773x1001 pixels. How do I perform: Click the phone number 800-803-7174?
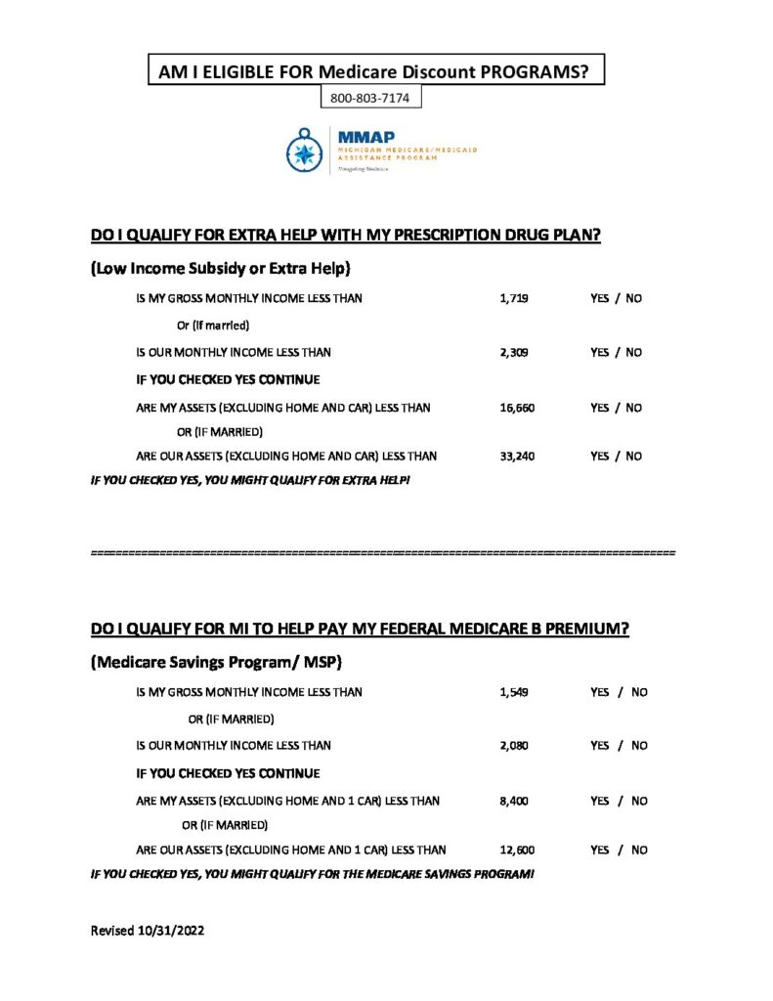(370, 98)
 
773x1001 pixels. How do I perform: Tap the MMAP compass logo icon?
(305, 151)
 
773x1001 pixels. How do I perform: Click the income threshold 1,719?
(513, 298)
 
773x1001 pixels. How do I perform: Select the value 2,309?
(513, 352)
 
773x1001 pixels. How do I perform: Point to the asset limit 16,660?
(517, 408)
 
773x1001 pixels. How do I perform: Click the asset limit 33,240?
(517, 456)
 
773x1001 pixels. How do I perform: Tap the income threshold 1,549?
(513, 692)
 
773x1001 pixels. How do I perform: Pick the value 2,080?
(513, 746)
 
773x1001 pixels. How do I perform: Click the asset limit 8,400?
(513, 801)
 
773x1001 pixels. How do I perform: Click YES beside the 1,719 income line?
(600, 298)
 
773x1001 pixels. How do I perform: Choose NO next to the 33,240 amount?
(633, 456)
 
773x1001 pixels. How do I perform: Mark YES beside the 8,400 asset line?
(600, 801)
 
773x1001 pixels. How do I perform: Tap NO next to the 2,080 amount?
(639, 746)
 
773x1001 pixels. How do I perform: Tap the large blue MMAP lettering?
(361, 138)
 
